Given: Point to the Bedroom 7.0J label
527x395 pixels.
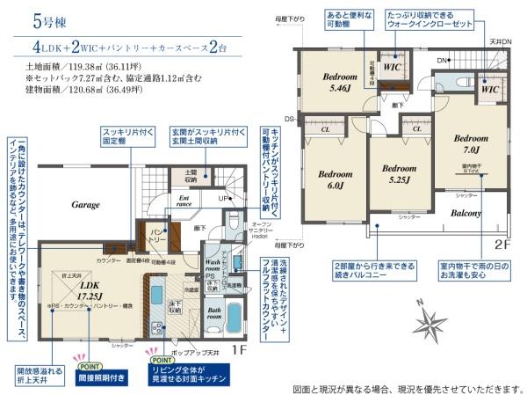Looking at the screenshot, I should click(472, 143).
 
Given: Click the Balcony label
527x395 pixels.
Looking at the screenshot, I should click(466, 213).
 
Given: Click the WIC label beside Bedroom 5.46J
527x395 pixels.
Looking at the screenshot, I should click(392, 68).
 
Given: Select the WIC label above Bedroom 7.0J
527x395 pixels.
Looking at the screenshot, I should click(490, 89).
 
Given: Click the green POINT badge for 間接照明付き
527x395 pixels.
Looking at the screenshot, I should click(90, 366).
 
